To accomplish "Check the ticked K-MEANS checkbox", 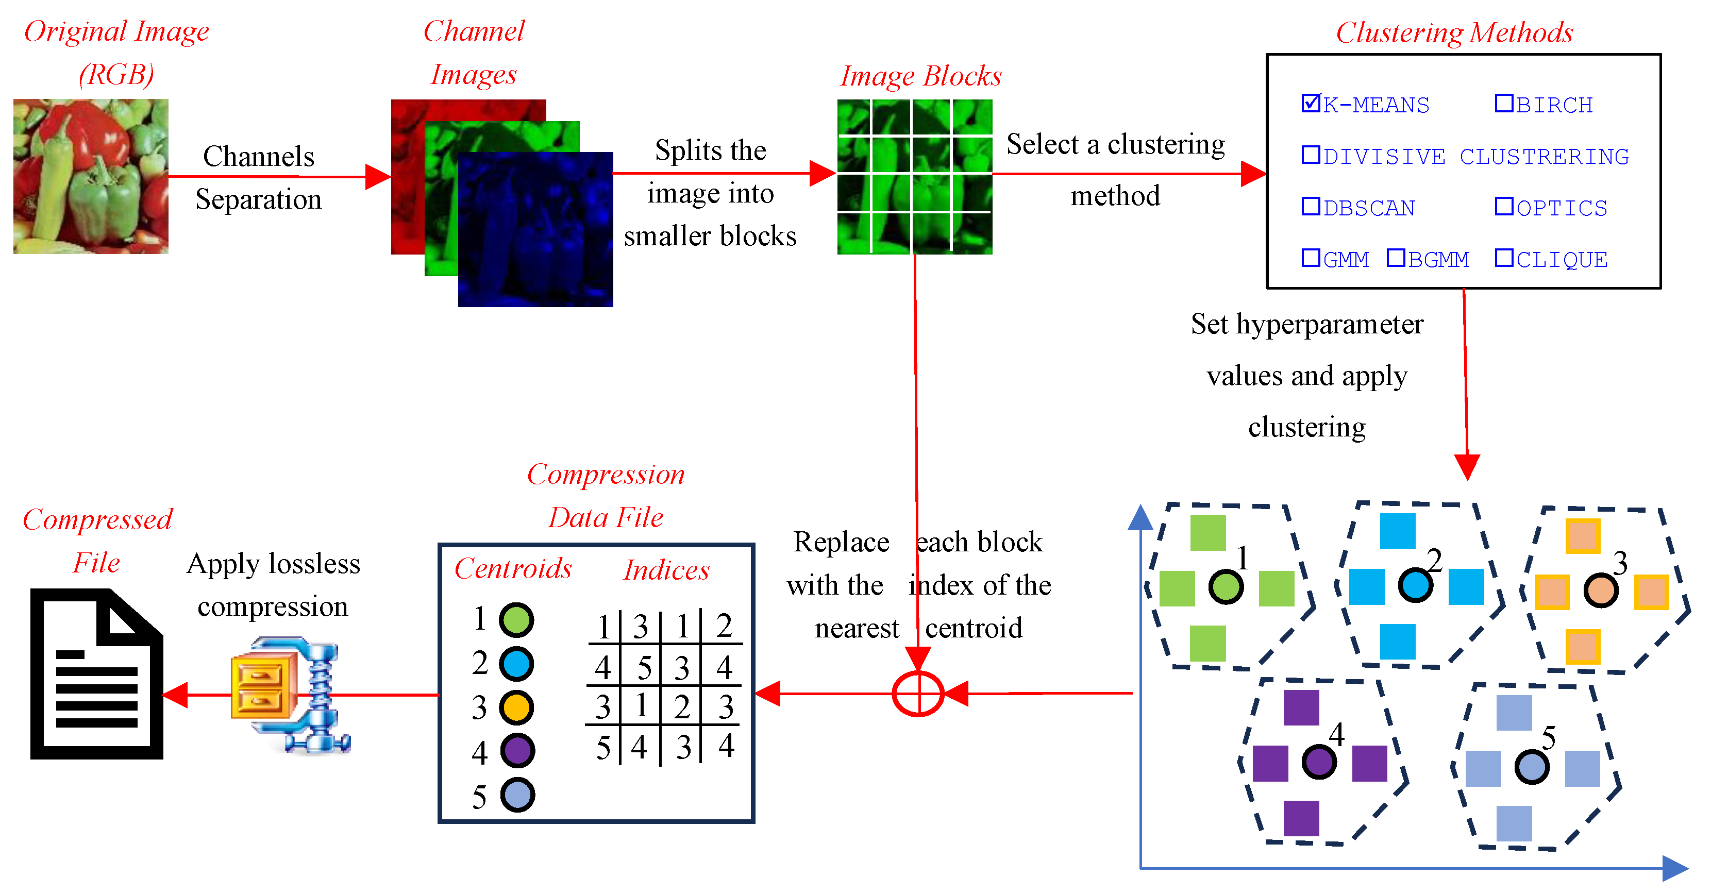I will [1311, 103].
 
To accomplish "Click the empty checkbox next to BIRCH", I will [1504, 103].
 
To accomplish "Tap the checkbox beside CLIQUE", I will [1504, 258].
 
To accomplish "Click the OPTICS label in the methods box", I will [1561, 208].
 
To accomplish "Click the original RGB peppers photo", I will [91, 176].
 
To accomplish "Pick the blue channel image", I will [535, 229].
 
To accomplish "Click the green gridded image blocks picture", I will [915, 177].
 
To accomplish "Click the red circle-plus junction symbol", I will [918, 694].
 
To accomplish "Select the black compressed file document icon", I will [97, 673].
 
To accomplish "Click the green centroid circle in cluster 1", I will [1226, 586].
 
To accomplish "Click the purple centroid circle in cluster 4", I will [1318, 761].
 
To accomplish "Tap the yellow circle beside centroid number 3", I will [517, 707].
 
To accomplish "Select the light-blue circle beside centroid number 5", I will [517, 795].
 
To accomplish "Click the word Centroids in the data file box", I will [513, 568].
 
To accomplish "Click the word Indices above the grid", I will [666, 570].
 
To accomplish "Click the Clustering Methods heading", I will [1454, 32].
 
